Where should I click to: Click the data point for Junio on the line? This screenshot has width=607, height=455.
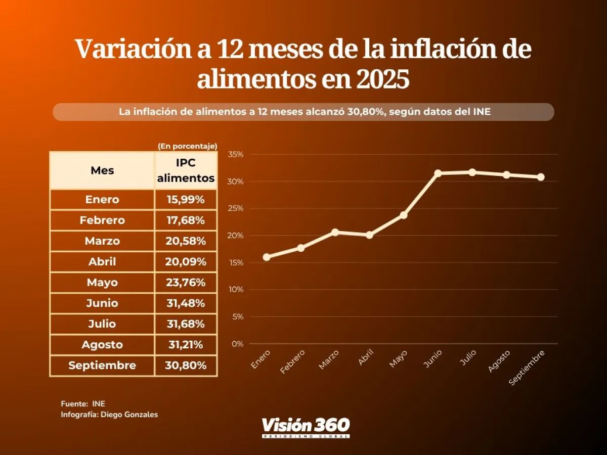[x=438, y=173]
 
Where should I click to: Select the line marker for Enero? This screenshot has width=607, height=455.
[x=267, y=257]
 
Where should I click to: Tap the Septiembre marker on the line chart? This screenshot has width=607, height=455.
[x=541, y=177]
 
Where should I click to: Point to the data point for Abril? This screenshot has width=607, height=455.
[x=369, y=235]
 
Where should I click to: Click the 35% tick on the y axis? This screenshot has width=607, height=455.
[x=236, y=154]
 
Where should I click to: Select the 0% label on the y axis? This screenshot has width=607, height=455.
[x=238, y=344]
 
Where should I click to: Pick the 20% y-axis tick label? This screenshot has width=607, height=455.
[x=236, y=236]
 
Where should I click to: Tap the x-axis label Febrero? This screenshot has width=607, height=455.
[x=293, y=361]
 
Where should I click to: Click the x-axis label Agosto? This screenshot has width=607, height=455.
[x=499, y=360]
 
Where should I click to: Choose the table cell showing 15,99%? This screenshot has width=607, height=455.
[x=186, y=200]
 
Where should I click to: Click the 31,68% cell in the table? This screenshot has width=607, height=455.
[x=186, y=324]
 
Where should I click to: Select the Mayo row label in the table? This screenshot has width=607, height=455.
[x=102, y=282]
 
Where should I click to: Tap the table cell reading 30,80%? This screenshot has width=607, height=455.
[x=186, y=366]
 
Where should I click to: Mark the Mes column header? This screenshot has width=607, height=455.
[x=102, y=170]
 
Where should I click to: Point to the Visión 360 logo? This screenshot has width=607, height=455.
[x=306, y=427]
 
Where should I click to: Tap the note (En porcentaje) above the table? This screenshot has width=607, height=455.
[x=187, y=146]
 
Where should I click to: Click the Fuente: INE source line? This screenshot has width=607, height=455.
[x=83, y=403]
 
